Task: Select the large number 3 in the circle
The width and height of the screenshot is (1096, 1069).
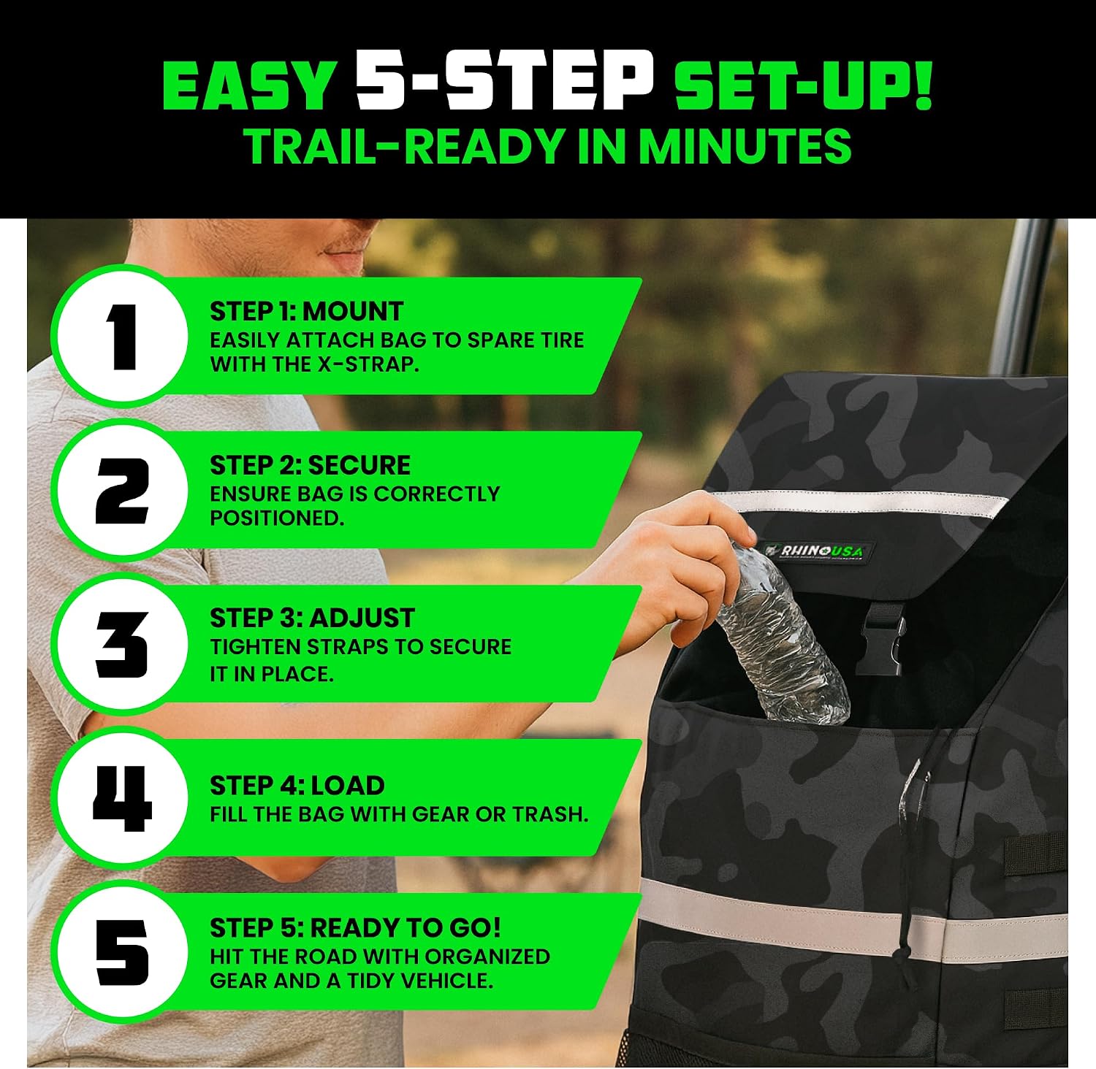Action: click(x=122, y=644)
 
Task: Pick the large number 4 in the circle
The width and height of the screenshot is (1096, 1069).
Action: click(x=122, y=798)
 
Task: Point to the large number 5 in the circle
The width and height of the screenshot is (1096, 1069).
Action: click(x=122, y=951)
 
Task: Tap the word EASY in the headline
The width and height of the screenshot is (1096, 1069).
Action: click(x=248, y=85)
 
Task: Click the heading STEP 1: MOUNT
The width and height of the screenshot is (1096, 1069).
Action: click(x=306, y=312)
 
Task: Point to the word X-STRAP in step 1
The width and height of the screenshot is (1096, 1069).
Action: click(x=368, y=364)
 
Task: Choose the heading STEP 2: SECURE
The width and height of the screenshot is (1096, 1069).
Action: click(x=310, y=465)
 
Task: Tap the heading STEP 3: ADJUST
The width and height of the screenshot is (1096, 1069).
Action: click(x=312, y=618)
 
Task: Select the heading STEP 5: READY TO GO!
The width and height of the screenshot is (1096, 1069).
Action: click(x=356, y=928)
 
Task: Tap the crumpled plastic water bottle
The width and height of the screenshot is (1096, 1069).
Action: click(x=780, y=632)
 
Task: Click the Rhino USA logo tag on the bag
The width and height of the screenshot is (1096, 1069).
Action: click(x=818, y=551)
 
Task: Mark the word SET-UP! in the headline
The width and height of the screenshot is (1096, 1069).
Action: click(x=803, y=85)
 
